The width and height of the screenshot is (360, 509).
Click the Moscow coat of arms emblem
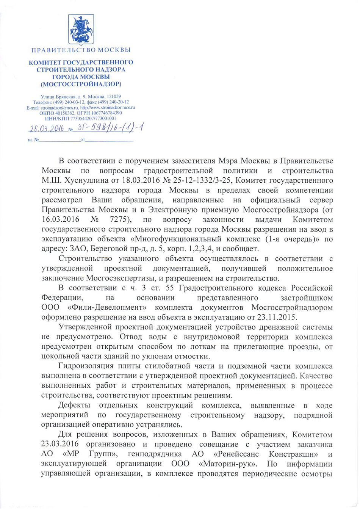(81, 30)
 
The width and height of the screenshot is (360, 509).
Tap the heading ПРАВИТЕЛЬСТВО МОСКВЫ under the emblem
(81, 50)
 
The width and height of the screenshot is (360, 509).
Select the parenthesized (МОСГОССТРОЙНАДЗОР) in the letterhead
(81, 84)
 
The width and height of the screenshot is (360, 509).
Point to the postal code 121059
(113, 97)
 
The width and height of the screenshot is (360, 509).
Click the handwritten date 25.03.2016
(47, 128)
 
